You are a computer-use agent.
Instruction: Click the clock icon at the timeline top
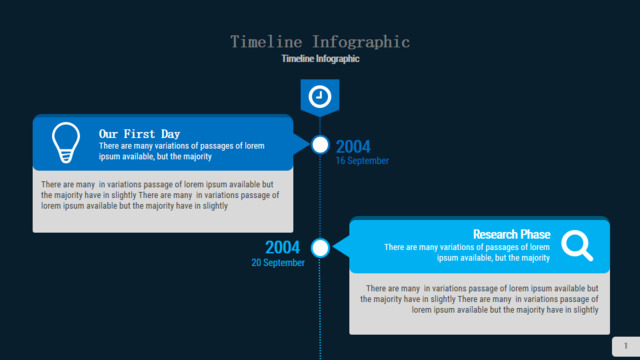[320, 97]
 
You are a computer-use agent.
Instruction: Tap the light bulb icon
[66, 142]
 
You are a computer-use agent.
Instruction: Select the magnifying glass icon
[577, 245]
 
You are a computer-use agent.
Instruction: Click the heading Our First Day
[139, 134]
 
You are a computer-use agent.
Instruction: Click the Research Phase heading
[511, 234]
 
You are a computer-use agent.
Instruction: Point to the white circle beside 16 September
[320, 145]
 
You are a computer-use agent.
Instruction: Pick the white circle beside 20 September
[320, 248]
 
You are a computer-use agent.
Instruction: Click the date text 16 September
[362, 161]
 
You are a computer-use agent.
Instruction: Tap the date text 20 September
[278, 263]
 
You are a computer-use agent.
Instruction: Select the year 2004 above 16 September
[353, 147]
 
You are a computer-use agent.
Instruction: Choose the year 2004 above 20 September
[282, 247]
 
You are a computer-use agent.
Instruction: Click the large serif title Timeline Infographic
[320, 42]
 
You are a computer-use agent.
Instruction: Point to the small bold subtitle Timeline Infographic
[320, 59]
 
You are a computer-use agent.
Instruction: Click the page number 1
[626, 346]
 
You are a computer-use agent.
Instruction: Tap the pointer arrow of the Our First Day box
[302, 144]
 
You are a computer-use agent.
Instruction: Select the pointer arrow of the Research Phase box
[341, 247]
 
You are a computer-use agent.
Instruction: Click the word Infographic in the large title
[361, 42]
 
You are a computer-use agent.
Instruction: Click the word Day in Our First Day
[170, 134]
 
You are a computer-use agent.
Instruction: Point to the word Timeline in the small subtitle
[298, 59]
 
